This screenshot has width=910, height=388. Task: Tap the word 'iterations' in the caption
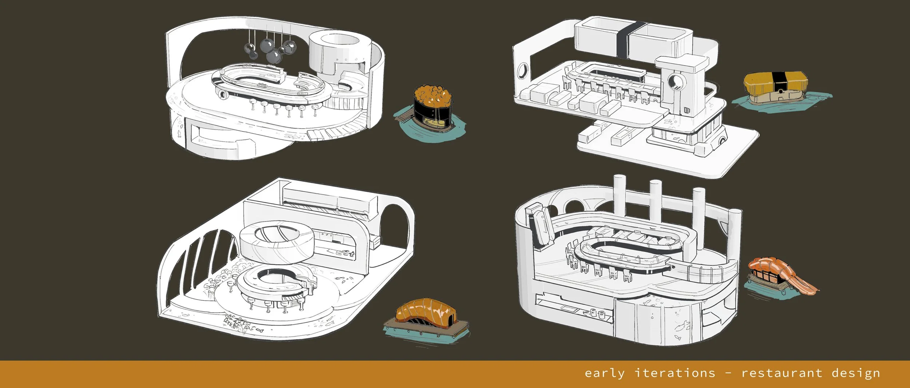675,373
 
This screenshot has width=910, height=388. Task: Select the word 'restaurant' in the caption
782,373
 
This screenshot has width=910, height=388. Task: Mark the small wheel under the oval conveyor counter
222,95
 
